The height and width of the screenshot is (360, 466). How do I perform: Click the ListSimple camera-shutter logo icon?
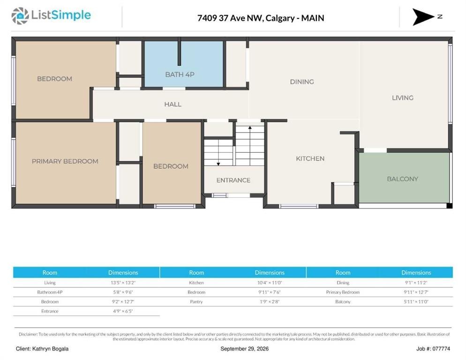(x=20, y=16)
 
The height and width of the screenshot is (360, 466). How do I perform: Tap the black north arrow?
(x=422, y=17)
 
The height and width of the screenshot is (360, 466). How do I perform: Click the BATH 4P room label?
(x=180, y=75)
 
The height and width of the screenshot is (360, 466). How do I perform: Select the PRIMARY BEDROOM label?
(x=65, y=161)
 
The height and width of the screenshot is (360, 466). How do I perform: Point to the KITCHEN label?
(x=310, y=159)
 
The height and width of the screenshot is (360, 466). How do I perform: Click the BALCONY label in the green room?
(x=402, y=179)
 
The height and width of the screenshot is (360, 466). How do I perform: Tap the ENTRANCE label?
(x=233, y=180)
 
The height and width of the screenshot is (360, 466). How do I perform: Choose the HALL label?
(x=173, y=105)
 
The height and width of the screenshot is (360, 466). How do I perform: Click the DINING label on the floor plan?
(x=302, y=82)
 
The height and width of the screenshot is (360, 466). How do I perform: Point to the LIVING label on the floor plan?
(x=403, y=98)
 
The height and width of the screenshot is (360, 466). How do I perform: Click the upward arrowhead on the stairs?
(x=250, y=127)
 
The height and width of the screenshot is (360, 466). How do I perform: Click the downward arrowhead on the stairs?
(x=218, y=164)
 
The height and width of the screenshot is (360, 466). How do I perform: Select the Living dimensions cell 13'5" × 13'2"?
(x=123, y=283)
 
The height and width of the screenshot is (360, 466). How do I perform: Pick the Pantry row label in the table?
(x=196, y=302)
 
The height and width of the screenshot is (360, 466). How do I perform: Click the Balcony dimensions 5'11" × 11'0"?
(x=416, y=302)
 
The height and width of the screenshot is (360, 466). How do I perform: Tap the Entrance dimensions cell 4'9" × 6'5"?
(x=123, y=311)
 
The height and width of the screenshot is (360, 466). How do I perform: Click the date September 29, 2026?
(x=245, y=349)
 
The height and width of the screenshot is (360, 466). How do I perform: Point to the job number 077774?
(x=441, y=349)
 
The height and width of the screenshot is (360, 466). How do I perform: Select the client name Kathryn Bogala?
(x=50, y=349)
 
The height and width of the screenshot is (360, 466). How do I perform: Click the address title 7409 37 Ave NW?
(x=230, y=18)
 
